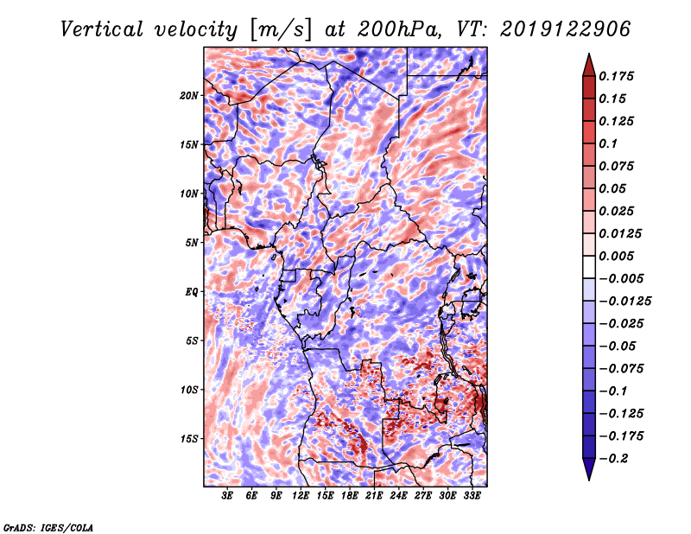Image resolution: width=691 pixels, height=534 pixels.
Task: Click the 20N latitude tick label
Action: (x=188, y=96)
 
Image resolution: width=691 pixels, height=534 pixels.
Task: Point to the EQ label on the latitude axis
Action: (x=191, y=292)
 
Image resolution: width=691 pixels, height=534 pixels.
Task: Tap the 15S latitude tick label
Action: (x=188, y=439)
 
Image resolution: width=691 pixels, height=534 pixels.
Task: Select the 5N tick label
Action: (x=192, y=243)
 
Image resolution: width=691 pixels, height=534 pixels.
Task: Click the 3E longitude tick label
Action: (x=227, y=496)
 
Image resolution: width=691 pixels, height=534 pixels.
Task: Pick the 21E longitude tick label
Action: (x=374, y=496)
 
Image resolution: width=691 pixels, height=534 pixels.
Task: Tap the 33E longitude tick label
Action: (x=472, y=496)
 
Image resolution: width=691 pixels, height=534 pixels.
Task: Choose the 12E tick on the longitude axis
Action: (x=301, y=496)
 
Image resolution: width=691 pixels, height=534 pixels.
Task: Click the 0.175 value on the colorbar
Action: (x=616, y=76)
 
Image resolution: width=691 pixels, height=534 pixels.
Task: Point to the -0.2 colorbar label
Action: (x=613, y=459)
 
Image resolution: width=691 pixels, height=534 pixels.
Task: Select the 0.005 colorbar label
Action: (x=616, y=256)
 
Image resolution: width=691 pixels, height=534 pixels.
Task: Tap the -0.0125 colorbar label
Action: (x=624, y=302)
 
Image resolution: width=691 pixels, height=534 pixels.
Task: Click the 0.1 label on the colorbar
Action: (x=608, y=143)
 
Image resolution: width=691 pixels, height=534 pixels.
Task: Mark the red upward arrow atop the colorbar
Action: (x=589, y=65)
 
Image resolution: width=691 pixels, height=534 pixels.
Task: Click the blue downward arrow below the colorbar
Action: (x=589, y=469)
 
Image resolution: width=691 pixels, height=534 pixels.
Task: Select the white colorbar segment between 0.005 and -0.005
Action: (x=589, y=267)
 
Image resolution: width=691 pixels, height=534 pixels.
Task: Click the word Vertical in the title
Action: (x=102, y=29)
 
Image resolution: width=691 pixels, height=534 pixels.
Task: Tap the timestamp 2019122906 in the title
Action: (x=566, y=29)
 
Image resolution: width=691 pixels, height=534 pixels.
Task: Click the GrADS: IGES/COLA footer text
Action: (x=48, y=528)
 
